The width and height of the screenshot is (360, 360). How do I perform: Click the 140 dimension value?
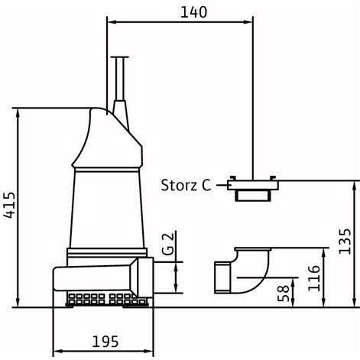pos(193,12)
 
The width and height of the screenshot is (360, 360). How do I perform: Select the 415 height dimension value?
pos(10,206)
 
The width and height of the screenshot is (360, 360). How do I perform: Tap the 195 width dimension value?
pos(105,342)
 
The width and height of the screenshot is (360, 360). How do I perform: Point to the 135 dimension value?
pos(345,242)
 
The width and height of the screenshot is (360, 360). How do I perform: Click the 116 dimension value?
pos(314,278)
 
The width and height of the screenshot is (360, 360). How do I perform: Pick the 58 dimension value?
pos(284,293)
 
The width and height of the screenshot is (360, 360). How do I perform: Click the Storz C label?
pos(186,185)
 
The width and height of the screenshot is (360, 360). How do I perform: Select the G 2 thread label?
pos(168,244)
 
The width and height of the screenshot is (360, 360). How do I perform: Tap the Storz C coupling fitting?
pos(253,189)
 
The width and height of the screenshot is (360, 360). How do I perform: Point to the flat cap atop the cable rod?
pos(120,57)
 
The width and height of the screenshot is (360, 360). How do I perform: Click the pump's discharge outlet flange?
pos(145,277)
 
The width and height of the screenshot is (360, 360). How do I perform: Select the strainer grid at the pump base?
pos(107,299)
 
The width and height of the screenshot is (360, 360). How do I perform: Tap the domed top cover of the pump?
pos(107,138)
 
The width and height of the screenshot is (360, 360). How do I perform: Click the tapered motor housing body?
pos(107,209)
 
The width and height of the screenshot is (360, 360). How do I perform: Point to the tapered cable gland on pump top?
pos(120,115)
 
